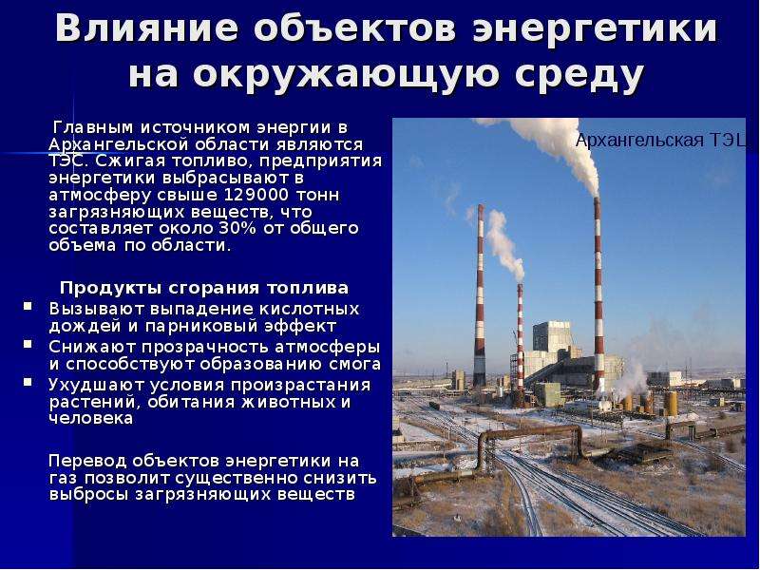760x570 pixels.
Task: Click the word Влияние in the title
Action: click(147, 28)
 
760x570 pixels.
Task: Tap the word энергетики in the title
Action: click(595, 28)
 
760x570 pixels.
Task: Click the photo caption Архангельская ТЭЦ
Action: click(660, 140)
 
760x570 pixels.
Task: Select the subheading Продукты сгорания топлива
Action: click(204, 288)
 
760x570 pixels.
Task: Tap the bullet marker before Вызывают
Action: click(28, 306)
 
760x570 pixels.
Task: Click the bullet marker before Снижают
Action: click(28, 344)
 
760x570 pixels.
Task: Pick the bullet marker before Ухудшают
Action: click(28, 382)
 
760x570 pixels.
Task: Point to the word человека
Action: click(91, 418)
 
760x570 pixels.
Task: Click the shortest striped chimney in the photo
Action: click(520, 337)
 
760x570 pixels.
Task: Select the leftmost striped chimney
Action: click(480, 295)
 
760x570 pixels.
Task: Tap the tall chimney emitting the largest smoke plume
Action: click(598, 294)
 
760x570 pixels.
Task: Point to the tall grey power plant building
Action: click(552, 338)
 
